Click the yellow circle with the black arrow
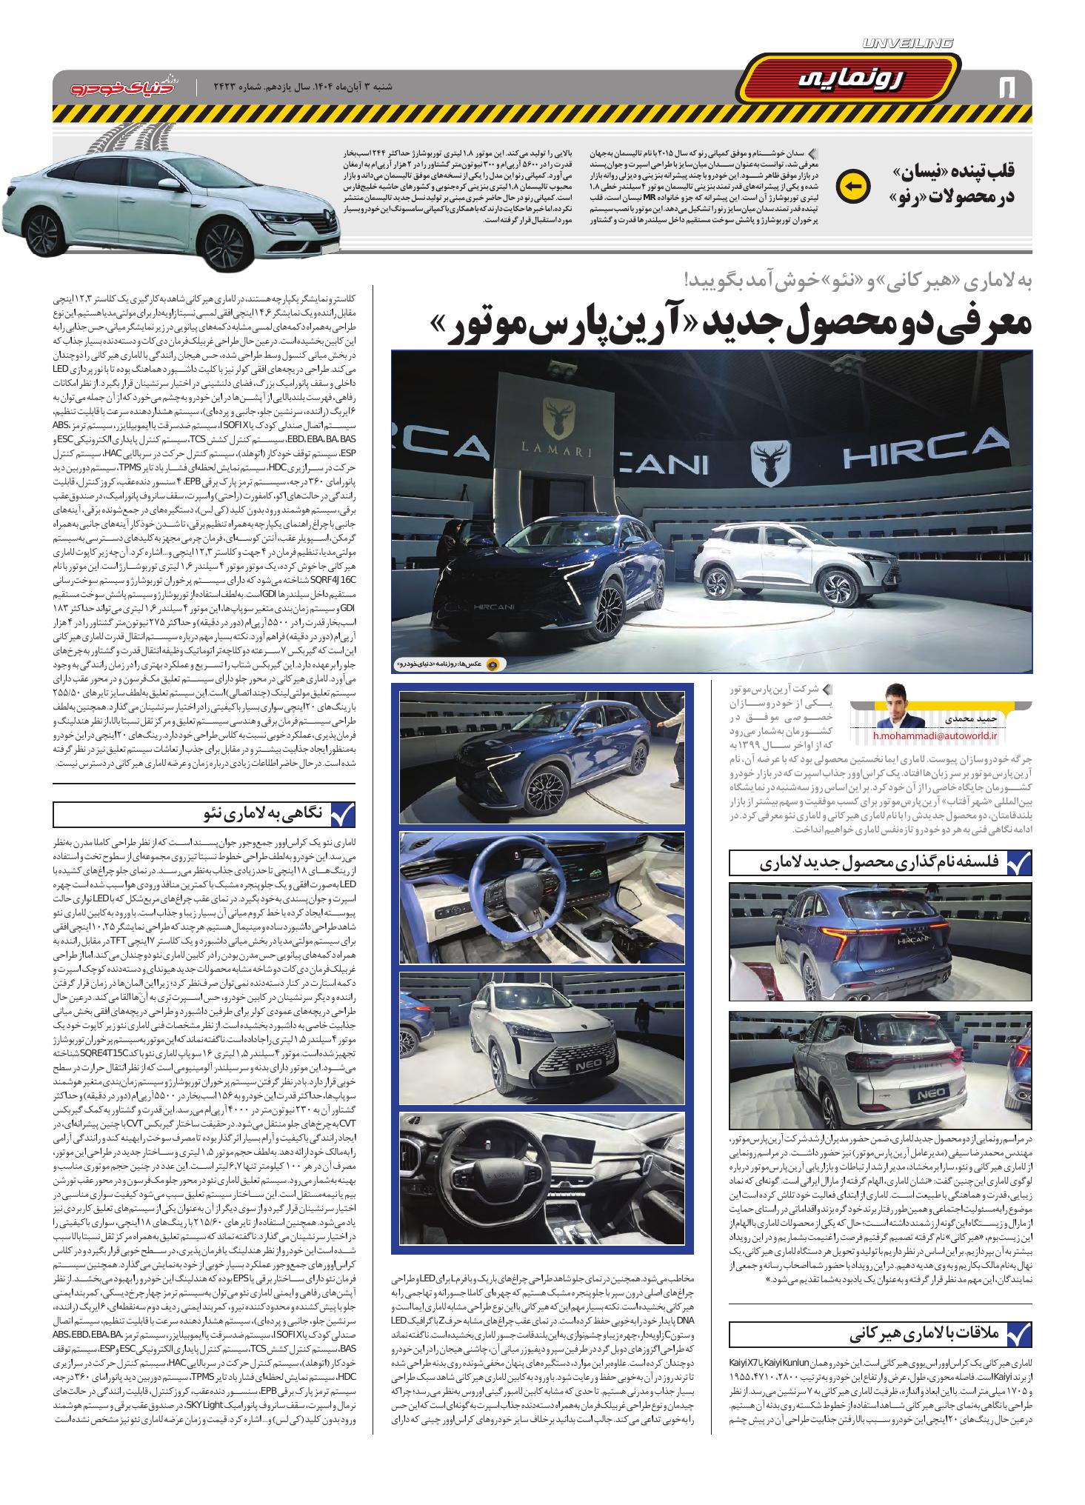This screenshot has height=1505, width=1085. [852, 186]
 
